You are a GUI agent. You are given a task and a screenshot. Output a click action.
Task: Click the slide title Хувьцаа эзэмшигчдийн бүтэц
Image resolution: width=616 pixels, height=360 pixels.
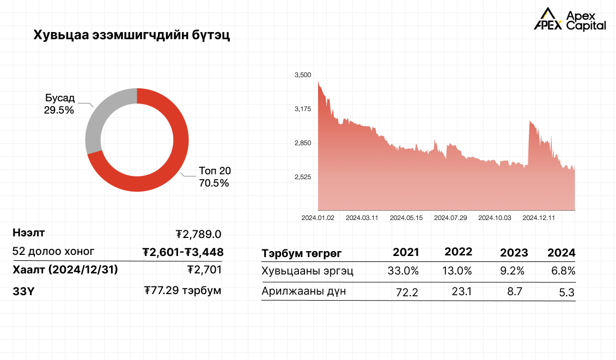[132, 36]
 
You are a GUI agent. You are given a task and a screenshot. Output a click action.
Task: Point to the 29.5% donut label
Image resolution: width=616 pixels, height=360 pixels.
[59, 109]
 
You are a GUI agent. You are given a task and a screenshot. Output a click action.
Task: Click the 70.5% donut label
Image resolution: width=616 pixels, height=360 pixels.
[214, 183]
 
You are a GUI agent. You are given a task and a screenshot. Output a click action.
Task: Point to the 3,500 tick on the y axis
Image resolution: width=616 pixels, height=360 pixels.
[302, 75]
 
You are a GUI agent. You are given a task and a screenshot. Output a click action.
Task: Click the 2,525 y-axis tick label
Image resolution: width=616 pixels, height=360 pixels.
[302, 177]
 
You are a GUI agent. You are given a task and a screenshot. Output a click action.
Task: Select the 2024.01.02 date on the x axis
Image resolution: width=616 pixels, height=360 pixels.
[318, 218]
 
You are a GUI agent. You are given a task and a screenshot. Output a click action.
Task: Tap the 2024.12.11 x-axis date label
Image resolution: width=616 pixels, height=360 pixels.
[539, 218]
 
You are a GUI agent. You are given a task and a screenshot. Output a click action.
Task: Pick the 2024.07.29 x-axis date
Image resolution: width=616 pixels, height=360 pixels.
[450, 218]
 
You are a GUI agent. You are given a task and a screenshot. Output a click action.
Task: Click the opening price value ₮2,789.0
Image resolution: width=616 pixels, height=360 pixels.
[199, 234]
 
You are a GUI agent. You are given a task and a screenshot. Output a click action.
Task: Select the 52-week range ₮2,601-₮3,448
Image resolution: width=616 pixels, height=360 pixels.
[183, 252]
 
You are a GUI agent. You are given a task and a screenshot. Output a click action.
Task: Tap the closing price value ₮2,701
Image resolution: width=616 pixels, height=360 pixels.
[204, 269]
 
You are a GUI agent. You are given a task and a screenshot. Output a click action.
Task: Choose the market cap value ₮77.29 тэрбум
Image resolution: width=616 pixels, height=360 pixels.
[183, 290]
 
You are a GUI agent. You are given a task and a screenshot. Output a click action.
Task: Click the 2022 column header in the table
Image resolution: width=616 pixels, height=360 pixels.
[458, 252]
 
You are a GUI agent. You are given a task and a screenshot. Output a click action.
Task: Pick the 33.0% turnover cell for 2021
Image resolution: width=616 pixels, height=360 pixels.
[404, 270]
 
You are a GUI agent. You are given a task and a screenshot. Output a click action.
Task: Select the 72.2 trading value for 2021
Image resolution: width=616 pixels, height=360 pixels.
[407, 292]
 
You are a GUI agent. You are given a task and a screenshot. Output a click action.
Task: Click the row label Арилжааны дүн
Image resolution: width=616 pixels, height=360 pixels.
[303, 291]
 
